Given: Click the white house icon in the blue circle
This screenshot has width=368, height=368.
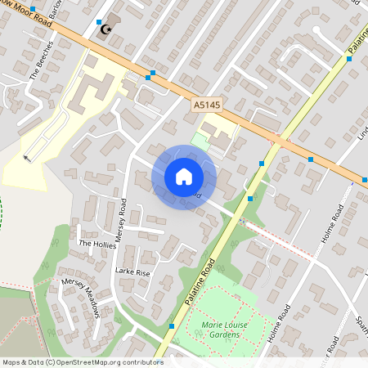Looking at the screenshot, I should pyautogui.click(x=183, y=177).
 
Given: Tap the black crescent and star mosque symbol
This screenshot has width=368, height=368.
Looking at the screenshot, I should pyautogui.click(x=104, y=29).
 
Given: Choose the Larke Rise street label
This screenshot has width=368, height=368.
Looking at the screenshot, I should pyautogui.click(x=132, y=272).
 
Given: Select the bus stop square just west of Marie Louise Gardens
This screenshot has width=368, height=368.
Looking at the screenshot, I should pyautogui.click(x=172, y=326).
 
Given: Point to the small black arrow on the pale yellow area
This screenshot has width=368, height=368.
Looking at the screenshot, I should pyautogui.click(x=29, y=157).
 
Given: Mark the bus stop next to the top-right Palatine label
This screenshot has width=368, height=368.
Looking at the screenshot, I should pyautogui.click(x=349, y=59).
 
